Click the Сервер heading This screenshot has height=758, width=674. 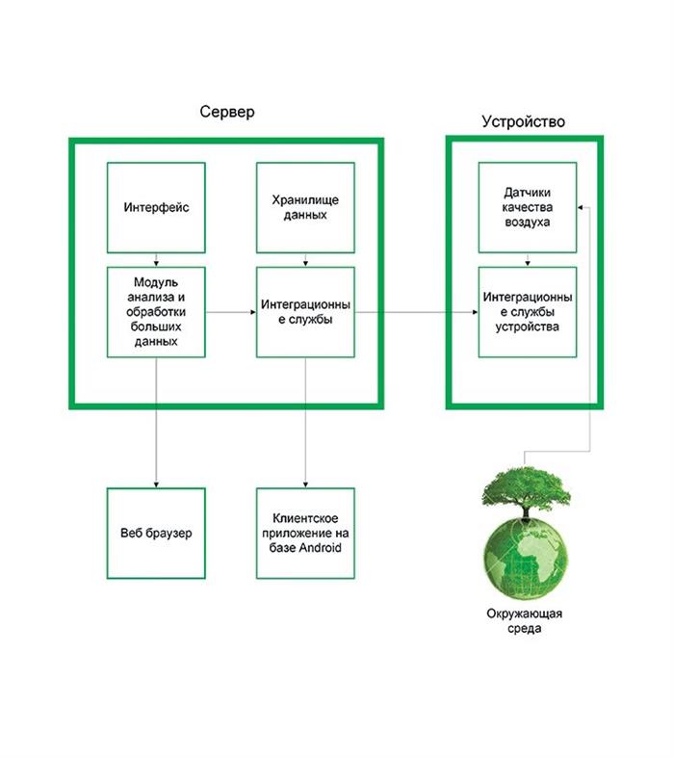(227, 113)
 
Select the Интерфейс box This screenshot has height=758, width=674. (155, 207)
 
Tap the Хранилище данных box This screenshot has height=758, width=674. (305, 207)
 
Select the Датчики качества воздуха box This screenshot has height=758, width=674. (527, 207)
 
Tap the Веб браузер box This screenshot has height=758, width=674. (155, 533)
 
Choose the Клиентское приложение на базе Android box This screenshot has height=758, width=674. (305, 533)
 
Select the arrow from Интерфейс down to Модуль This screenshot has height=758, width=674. (155, 259)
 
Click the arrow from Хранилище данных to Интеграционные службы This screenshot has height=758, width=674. (305, 259)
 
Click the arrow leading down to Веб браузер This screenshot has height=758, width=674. (155, 424)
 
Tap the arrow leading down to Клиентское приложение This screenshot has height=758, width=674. (305, 424)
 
